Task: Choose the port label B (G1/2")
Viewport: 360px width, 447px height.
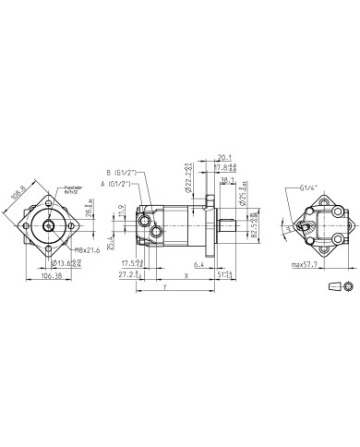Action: point(123,173)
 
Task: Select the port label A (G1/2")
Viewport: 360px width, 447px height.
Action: point(118,185)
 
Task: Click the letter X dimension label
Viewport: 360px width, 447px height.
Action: point(187,275)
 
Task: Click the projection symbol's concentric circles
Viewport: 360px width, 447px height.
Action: point(347,288)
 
